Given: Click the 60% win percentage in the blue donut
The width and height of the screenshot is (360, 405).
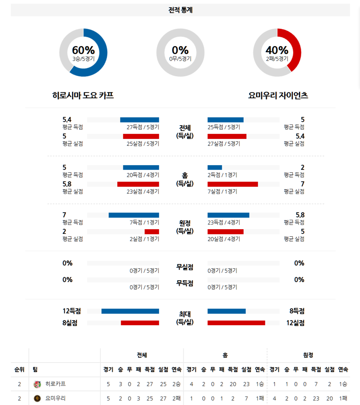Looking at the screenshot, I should [x=83, y=50].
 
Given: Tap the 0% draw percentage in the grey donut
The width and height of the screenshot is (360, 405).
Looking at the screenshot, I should [x=180, y=50].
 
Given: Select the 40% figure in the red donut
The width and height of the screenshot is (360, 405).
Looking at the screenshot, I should [x=277, y=50].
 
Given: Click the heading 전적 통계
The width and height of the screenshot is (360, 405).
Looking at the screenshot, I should [x=180, y=10].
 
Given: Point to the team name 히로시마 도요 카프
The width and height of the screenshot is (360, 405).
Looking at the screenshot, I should [x=83, y=95].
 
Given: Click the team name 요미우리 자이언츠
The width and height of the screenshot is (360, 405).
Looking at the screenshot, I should [x=278, y=95].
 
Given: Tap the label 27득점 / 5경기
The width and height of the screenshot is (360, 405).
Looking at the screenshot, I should [x=143, y=127].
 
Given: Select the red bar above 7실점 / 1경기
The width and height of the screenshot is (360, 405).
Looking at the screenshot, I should [x=233, y=184].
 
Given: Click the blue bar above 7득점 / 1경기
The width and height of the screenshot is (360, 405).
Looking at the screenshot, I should [x=134, y=215].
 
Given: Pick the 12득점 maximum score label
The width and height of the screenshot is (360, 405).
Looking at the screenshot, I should [x=72, y=311].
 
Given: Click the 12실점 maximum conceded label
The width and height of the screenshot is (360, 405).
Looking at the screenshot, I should [x=295, y=323].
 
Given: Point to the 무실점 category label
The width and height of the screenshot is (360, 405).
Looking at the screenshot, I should [x=184, y=267].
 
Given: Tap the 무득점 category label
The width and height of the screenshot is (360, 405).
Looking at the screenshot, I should [x=184, y=283].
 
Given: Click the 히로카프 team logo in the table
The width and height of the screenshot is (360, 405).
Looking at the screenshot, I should [x=37, y=384].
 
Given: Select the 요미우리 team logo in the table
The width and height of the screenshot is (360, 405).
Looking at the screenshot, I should [x=37, y=398].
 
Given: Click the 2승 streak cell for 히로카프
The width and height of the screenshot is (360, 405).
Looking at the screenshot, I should [x=176, y=384].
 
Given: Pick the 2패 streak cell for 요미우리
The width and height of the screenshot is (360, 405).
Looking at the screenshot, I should [x=176, y=398].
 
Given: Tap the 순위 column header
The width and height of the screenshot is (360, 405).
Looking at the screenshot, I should [x=19, y=369].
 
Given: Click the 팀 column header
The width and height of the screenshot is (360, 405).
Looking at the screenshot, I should [x=35, y=369].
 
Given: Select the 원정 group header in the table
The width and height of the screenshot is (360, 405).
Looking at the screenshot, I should [x=308, y=355].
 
